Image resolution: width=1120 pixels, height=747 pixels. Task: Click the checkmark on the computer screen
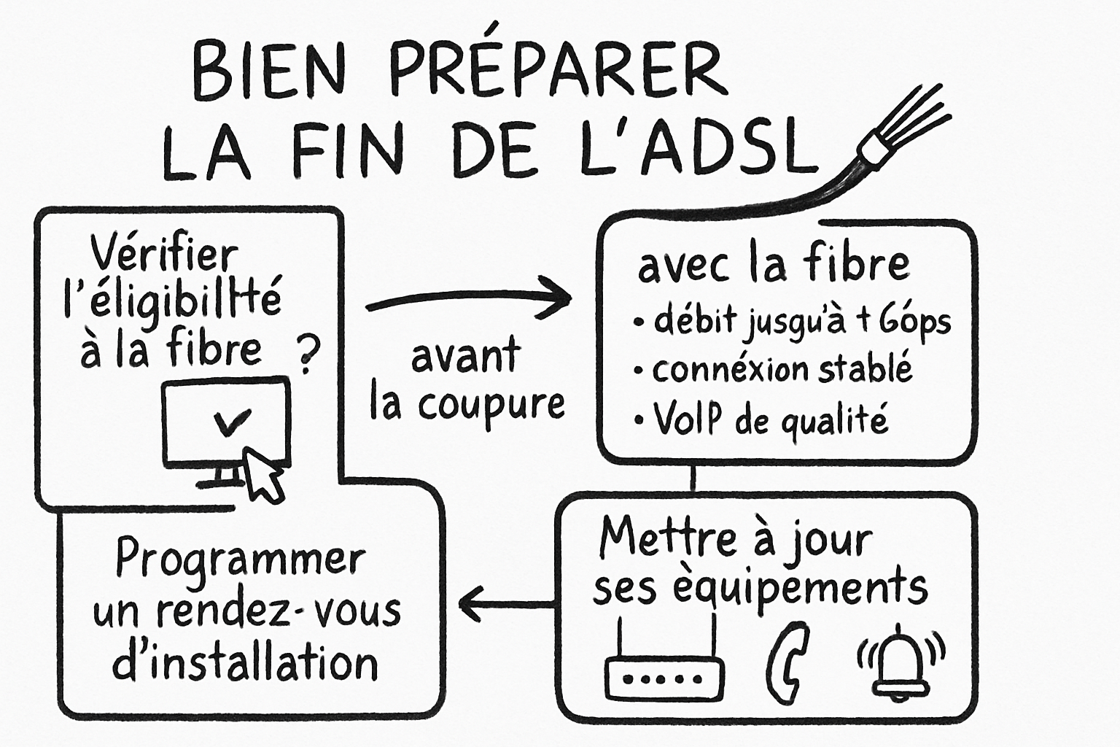(233, 422)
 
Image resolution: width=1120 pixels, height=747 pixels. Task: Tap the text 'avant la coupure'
(467, 381)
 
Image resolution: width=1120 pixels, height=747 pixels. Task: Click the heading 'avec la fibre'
(773, 264)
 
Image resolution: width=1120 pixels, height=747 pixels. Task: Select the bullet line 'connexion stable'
(780, 369)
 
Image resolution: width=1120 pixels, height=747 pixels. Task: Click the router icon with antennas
(664, 667)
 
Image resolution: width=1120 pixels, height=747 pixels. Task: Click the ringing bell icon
(901, 660)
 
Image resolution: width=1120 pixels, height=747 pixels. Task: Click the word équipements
(798, 588)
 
